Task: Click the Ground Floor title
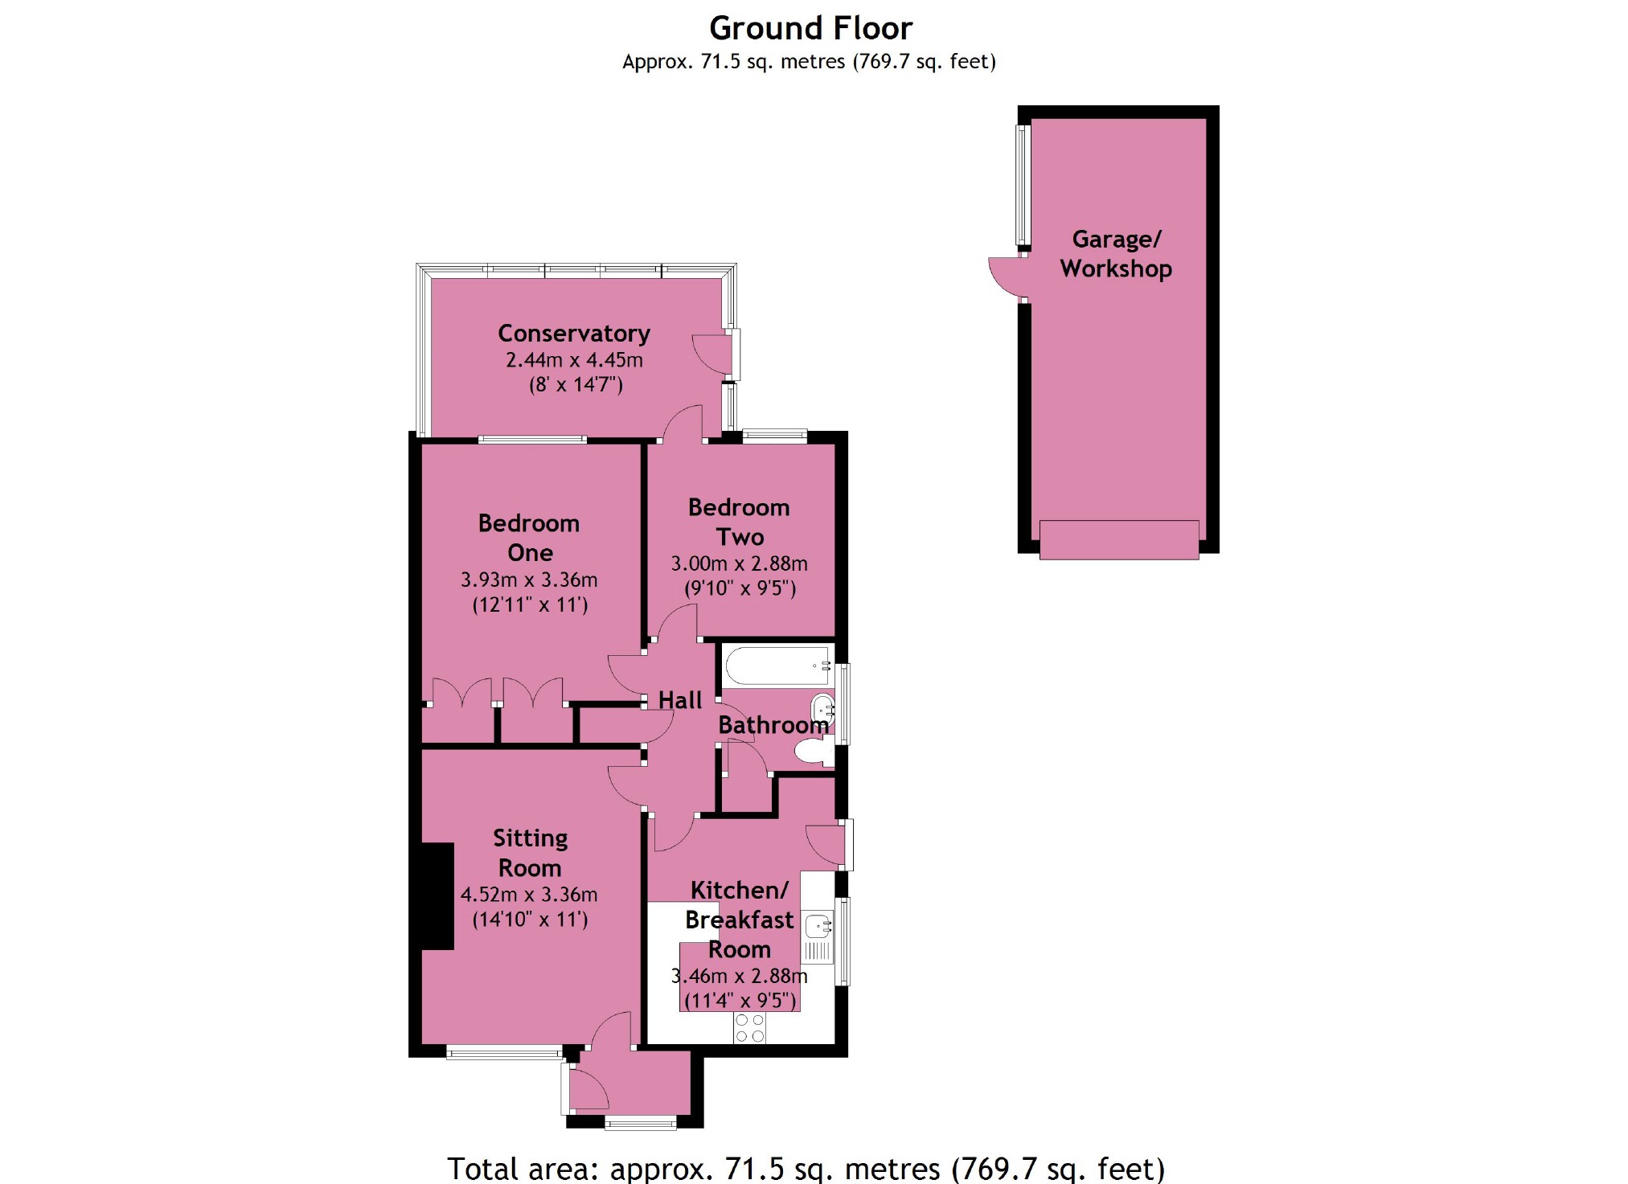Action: tap(810, 29)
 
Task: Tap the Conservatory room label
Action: tap(574, 334)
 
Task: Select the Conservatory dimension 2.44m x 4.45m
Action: tap(574, 360)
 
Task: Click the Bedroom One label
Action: tap(529, 538)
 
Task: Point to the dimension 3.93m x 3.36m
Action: tap(529, 580)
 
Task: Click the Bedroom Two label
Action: tap(739, 522)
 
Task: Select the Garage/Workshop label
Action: tap(1116, 254)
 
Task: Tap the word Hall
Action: tap(680, 700)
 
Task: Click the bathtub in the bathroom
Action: tap(777, 666)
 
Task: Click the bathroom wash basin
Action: tap(822, 710)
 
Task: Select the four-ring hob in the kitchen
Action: tap(750, 1028)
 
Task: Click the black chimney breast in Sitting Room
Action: tap(438, 895)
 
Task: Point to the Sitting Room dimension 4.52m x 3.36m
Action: tap(529, 895)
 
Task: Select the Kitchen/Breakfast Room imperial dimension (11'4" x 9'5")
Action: tap(740, 1001)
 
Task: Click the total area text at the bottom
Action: tap(806, 1169)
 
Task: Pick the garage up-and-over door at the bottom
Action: tap(1119, 539)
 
